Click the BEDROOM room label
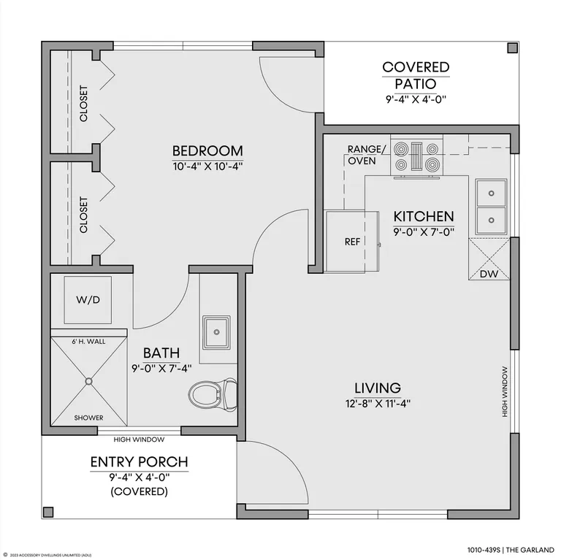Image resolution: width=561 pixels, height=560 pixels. (x=207, y=151)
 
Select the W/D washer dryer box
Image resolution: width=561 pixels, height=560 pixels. (x=88, y=299)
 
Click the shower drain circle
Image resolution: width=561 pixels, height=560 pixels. (x=88, y=381)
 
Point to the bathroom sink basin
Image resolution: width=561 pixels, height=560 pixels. (x=216, y=332)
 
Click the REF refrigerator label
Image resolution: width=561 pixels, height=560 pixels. (x=352, y=242)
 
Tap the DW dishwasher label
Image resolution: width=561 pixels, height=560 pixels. (x=489, y=274)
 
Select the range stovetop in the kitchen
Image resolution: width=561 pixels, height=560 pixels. (x=417, y=157)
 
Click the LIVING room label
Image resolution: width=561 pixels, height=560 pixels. (x=378, y=388)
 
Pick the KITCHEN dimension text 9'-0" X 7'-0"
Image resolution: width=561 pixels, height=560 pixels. (x=424, y=232)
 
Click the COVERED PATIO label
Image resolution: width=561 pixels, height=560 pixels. (x=416, y=75)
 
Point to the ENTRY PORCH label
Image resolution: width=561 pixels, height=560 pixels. (x=140, y=462)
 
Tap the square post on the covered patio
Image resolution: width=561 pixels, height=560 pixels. (x=513, y=48)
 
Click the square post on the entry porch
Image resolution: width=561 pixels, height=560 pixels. (x=48, y=512)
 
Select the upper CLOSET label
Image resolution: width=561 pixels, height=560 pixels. (x=83, y=104)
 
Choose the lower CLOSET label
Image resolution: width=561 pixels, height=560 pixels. (x=83, y=215)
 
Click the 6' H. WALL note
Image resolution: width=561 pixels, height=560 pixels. (x=88, y=342)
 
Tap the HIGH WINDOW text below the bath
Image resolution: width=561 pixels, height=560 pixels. (x=140, y=440)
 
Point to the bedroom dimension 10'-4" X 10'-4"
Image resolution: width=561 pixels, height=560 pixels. (x=208, y=166)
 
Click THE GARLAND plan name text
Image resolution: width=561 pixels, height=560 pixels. (x=530, y=550)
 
